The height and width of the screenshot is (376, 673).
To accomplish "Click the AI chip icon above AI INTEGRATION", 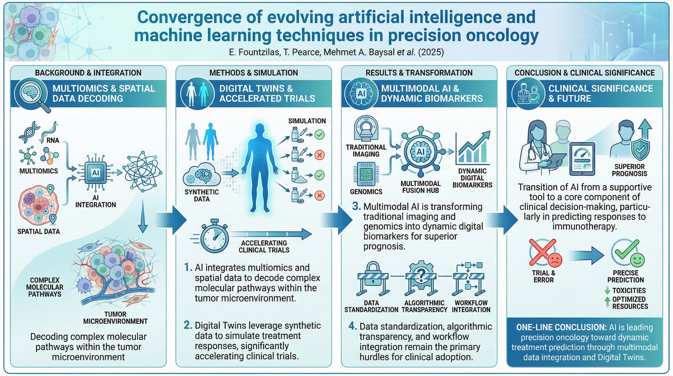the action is click(x=95, y=173).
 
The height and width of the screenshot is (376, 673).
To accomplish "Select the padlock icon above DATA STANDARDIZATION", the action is click(x=373, y=279).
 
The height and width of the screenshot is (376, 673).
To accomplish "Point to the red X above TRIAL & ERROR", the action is click(x=543, y=253).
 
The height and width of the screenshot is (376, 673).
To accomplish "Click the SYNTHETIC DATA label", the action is click(x=202, y=195).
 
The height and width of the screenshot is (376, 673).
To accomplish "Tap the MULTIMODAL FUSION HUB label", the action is click(x=421, y=187).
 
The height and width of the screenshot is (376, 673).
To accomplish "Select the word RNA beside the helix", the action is click(x=53, y=140).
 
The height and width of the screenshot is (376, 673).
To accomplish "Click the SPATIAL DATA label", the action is click(x=39, y=231).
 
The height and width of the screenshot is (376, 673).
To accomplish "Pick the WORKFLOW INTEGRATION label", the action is click(x=471, y=306).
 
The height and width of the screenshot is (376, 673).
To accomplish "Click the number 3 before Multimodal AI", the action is click(x=356, y=206).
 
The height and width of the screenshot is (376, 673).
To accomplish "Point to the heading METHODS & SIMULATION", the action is click(x=254, y=73).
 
